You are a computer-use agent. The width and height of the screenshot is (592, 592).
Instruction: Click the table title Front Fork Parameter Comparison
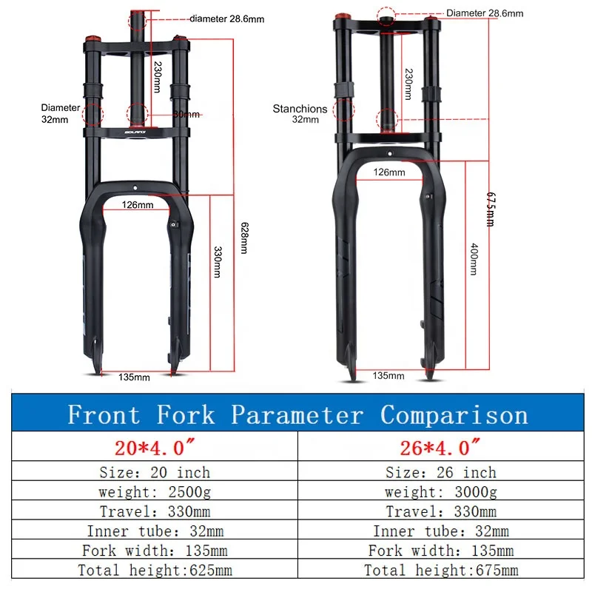[x=297, y=414]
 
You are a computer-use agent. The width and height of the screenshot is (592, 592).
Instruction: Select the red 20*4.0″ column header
[x=155, y=448]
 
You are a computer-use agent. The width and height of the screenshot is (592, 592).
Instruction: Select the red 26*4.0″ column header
[x=440, y=448]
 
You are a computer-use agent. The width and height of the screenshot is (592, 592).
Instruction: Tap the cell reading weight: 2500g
[x=154, y=492]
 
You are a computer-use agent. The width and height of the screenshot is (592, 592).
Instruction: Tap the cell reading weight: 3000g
[x=440, y=492]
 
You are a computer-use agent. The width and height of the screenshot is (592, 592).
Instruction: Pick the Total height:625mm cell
[x=155, y=570]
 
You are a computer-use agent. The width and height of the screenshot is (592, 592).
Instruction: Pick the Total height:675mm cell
[x=441, y=570]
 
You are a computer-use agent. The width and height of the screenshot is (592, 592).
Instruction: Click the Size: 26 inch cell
[x=440, y=473]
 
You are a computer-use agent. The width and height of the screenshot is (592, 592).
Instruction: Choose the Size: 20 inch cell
[x=155, y=473]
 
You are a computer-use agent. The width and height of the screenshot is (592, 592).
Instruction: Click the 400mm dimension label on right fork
[x=474, y=258]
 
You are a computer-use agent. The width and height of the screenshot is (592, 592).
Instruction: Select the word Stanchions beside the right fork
[x=300, y=109]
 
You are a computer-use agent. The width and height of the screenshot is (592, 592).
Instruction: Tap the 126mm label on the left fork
[x=138, y=204]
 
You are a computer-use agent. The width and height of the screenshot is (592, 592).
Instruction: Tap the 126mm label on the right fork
[x=389, y=172]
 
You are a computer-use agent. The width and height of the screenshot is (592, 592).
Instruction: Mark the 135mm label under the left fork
[x=134, y=377]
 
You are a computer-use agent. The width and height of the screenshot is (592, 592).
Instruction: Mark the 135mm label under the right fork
[x=388, y=375]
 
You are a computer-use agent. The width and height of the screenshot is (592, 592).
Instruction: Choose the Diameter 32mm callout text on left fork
[x=60, y=112]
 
